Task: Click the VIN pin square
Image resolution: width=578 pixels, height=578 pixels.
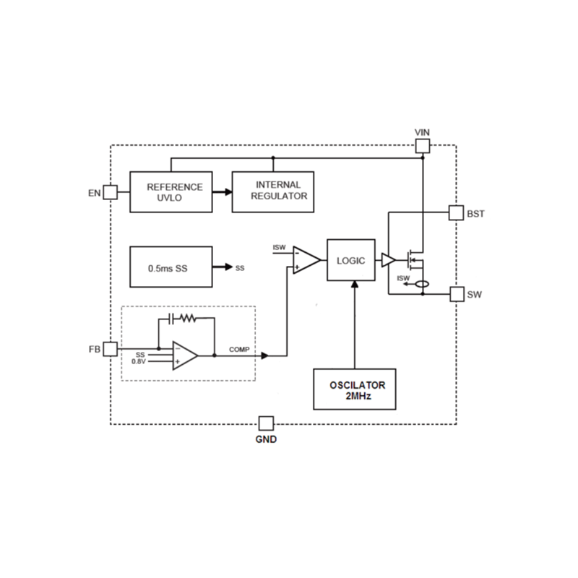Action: [x=423, y=147]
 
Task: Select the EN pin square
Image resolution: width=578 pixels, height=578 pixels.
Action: [x=110, y=192]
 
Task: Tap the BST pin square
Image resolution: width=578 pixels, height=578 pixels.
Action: [x=456, y=212]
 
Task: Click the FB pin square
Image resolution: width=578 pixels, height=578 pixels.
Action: [x=110, y=349]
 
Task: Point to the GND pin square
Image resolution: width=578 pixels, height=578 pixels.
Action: [x=267, y=423]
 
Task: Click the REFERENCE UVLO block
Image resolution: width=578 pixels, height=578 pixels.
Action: [x=171, y=192]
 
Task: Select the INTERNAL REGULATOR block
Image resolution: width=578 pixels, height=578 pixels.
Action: [x=273, y=192]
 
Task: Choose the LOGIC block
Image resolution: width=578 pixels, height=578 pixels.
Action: [x=351, y=260]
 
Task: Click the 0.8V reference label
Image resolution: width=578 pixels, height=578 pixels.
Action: [x=139, y=361]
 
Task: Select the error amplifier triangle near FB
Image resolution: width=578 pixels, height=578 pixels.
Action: [x=185, y=355]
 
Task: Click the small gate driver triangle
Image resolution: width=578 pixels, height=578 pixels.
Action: [x=388, y=260]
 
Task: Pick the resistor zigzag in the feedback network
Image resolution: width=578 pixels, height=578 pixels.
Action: [x=188, y=318]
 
